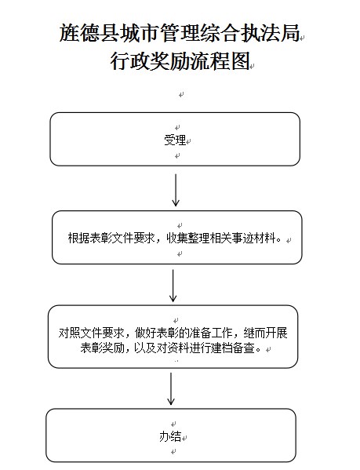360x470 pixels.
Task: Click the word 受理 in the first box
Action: point(175,140)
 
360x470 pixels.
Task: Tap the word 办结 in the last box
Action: point(170,436)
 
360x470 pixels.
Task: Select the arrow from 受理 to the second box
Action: point(176,190)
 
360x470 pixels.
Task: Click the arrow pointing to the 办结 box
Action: point(171,388)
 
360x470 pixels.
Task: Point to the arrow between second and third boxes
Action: point(173,286)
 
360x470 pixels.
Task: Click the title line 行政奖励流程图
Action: point(180,61)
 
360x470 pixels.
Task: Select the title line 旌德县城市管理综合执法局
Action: point(180,33)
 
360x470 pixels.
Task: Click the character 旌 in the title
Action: point(69,33)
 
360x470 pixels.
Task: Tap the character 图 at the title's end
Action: point(240,61)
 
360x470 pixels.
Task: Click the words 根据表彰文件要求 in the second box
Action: point(111,239)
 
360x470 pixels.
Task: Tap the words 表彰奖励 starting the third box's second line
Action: point(102,348)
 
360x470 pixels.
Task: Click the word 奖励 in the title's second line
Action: point(170,61)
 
